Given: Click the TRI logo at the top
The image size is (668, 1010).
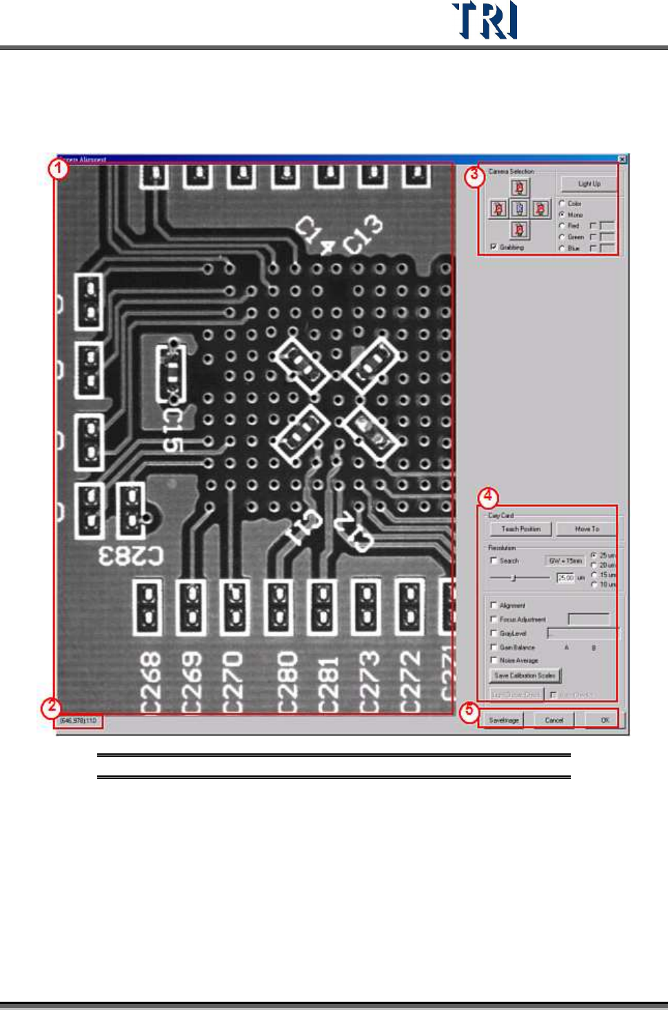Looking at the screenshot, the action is (x=485, y=21).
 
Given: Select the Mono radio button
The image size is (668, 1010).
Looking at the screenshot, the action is (x=563, y=215).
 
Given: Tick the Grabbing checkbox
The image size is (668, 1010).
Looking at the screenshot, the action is (x=494, y=246).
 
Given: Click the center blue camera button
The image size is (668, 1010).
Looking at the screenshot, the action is (x=520, y=208).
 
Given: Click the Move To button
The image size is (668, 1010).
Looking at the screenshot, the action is (x=587, y=529).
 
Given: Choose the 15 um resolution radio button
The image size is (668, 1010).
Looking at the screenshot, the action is (x=594, y=574).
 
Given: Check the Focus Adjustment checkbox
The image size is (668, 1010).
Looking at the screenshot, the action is (x=494, y=620).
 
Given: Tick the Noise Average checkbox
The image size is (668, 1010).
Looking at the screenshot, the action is (x=494, y=660).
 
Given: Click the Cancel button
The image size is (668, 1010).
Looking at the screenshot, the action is (x=554, y=720).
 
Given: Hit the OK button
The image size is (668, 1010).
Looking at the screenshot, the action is (x=605, y=720).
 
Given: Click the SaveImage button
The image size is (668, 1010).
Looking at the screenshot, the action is (x=504, y=720).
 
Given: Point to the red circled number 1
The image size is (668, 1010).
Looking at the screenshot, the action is (x=59, y=168).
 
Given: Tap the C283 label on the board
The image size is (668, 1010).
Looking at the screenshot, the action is (x=131, y=556).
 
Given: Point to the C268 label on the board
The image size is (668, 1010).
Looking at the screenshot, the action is (x=150, y=682).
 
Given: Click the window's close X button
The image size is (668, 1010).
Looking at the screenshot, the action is (x=621, y=159).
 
